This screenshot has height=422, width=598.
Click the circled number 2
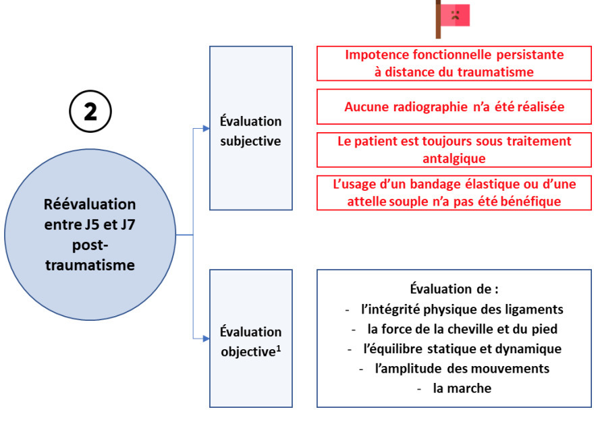pyautogui.click(x=90, y=111)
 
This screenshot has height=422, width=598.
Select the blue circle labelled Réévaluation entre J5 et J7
pyautogui.click(x=90, y=234)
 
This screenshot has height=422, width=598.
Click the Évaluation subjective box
pyautogui.click(x=251, y=128)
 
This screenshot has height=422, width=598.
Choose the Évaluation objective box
pyautogui.click(x=251, y=338)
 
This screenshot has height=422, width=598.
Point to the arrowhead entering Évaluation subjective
pyautogui.click(x=207, y=128)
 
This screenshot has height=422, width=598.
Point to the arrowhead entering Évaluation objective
pyautogui.click(x=207, y=338)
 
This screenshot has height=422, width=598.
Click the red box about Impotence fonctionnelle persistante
pyautogui.click(x=454, y=63)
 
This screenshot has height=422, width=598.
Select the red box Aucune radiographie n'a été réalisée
pyautogui.click(x=454, y=107)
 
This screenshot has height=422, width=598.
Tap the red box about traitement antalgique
pyautogui.click(x=454, y=150)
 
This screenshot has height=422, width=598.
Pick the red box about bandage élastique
pyautogui.click(x=454, y=193)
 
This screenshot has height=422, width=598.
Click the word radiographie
pyautogui.click(x=431, y=107)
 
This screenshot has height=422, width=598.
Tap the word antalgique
pyautogui.click(x=454, y=158)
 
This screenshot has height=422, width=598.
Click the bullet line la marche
pyautogui.click(x=462, y=388)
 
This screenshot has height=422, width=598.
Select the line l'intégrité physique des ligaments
pyautogui.click(x=462, y=309)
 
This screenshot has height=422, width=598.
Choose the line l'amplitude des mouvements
pyautogui.click(x=462, y=368)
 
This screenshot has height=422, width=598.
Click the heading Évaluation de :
pyautogui.click(x=454, y=289)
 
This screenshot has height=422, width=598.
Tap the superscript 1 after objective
pyautogui.click(x=279, y=348)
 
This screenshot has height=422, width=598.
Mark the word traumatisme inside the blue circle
pyautogui.click(x=90, y=265)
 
